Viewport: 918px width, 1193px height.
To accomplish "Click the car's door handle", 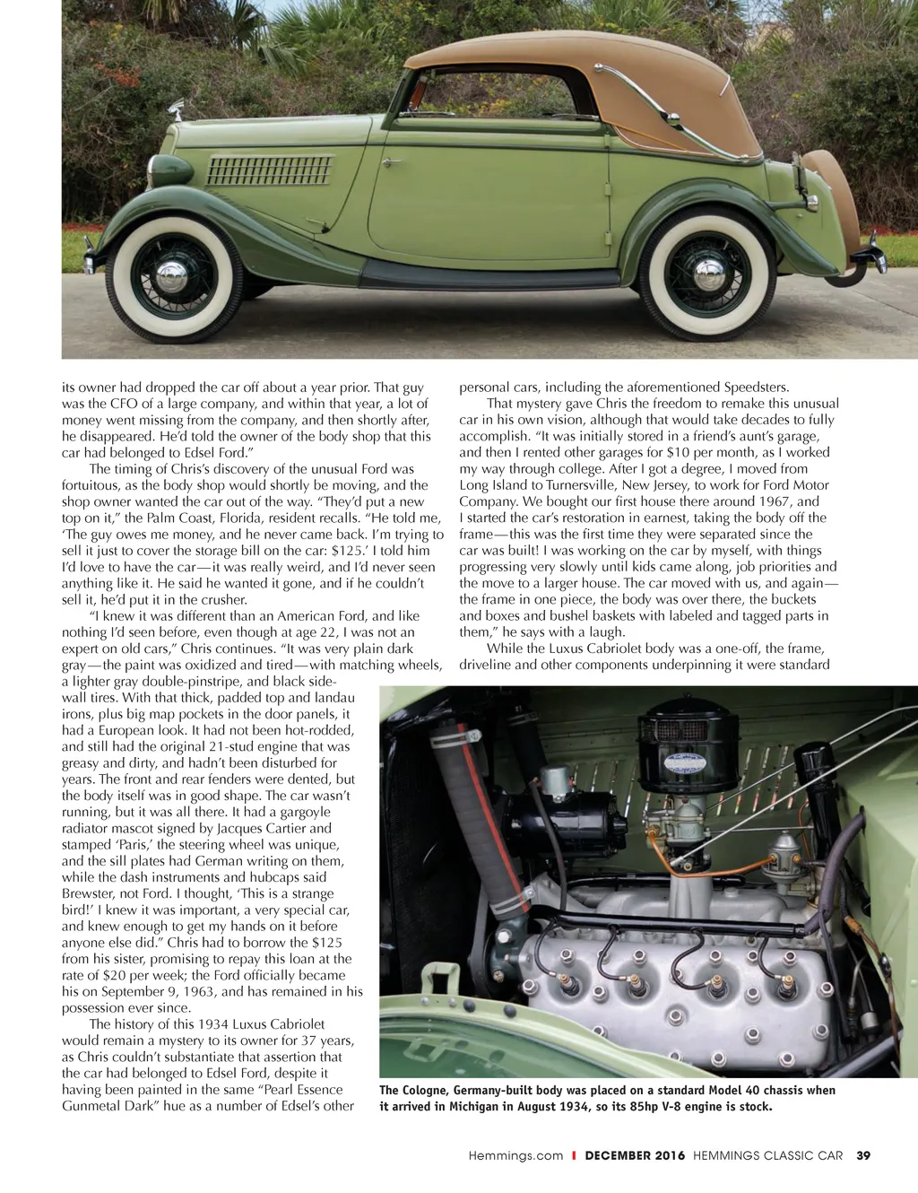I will click(x=391, y=162).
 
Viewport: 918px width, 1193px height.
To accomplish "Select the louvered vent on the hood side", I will click(x=269, y=170).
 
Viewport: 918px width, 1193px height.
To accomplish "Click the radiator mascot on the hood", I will click(x=177, y=111).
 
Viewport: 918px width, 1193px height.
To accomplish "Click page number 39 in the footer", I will click(x=863, y=1155).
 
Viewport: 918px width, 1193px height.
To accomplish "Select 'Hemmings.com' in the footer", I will click(x=515, y=1155).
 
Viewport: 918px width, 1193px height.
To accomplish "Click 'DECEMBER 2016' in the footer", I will click(x=635, y=1155).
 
